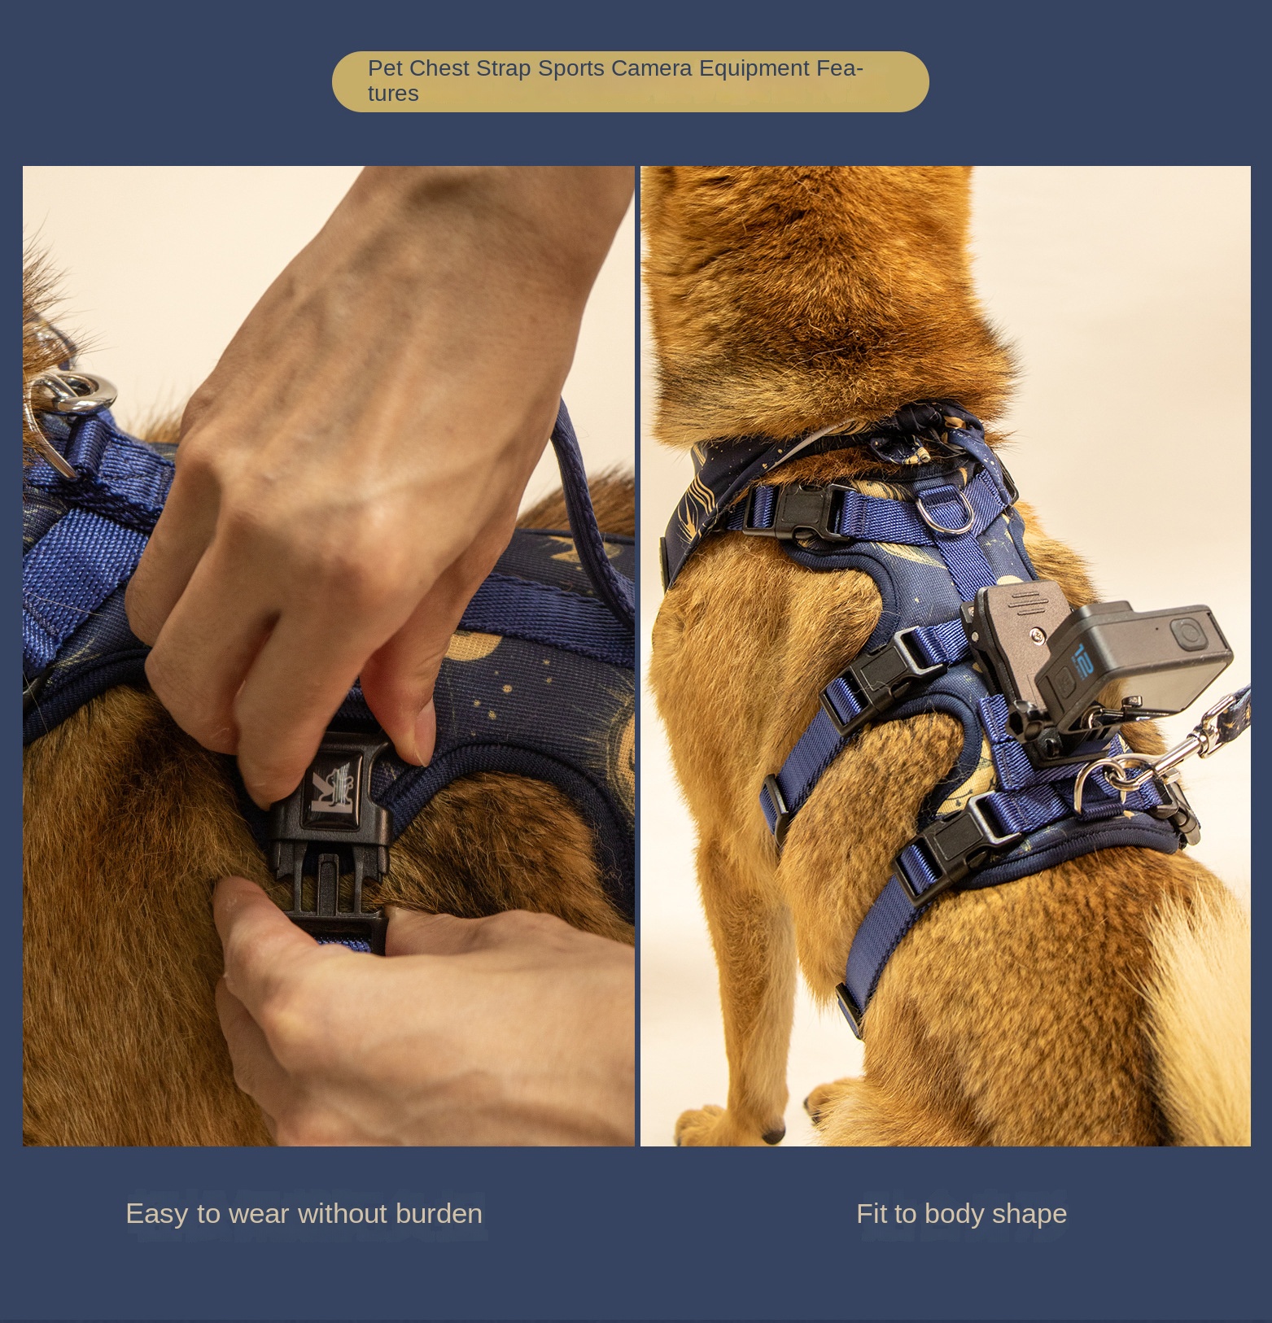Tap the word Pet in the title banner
coord(384,68)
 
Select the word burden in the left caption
coord(439,1213)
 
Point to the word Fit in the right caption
coord(871,1213)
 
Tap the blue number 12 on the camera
coord(1083,660)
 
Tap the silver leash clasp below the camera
coord(1139,765)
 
